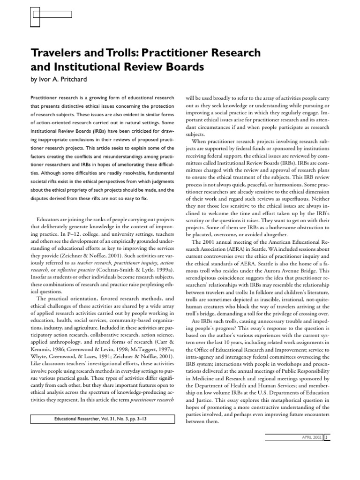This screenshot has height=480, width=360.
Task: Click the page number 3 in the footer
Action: (327, 437)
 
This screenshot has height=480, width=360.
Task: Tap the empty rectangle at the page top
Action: (52, 15)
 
